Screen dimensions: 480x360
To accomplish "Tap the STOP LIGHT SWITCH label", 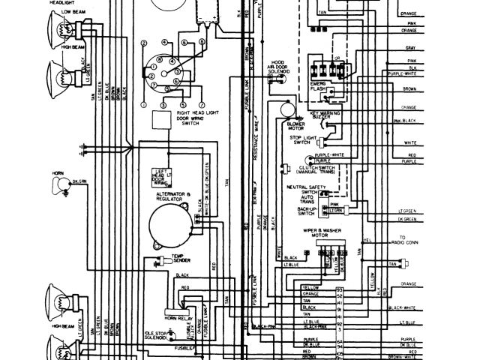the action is [300, 141].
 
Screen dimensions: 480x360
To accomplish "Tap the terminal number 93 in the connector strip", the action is [340, 288].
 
